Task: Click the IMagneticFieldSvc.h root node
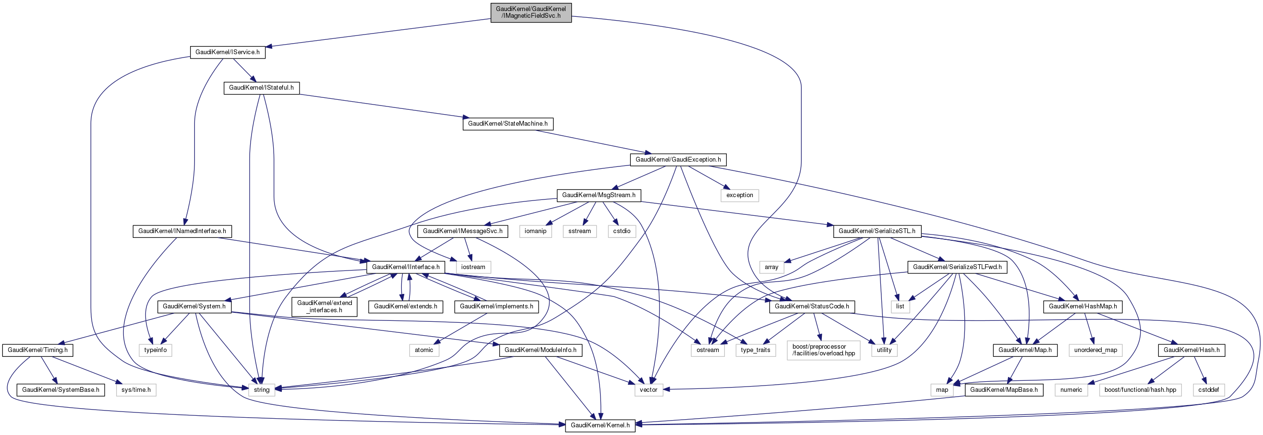tap(530, 12)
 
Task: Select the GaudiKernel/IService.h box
tap(228, 52)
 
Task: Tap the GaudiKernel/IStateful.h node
tap(261, 88)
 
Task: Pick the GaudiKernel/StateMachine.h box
tap(507, 123)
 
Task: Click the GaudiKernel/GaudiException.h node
tap(678, 159)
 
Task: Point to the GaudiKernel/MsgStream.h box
tap(599, 195)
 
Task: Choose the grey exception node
tap(739, 195)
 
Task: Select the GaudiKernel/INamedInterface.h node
tap(182, 231)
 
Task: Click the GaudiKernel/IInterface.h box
tap(406, 267)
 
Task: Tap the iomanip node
tap(535, 231)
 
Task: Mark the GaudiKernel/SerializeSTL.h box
tap(877, 231)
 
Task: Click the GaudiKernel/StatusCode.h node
tap(812, 306)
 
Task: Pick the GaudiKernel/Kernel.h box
tap(600, 425)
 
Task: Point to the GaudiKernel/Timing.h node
tap(38, 350)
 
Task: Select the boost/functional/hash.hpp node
tap(1141, 390)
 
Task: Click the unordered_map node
tap(1095, 350)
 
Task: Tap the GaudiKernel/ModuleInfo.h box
tap(541, 350)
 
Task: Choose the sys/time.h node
tap(136, 390)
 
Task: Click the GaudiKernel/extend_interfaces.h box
tap(325, 306)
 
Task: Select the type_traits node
tap(756, 350)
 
